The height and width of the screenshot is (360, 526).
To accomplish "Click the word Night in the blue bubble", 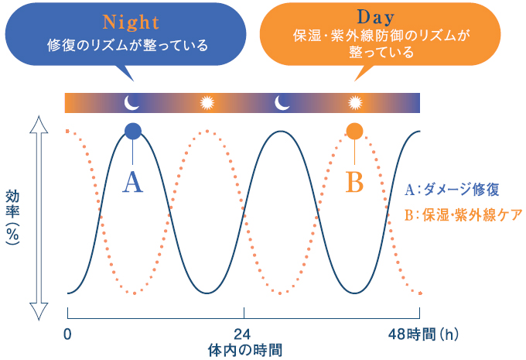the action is click(x=131, y=22).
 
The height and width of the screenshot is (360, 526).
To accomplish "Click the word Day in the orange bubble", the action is click(x=375, y=17).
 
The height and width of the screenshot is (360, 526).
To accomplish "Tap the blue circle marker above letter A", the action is click(x=133, y=131).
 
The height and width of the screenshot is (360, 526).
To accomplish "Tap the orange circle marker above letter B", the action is click(x=354, y=131).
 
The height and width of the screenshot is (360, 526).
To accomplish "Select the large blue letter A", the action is click(x=133, y=182).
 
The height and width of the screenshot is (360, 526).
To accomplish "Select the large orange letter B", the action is click(x=354, y=182).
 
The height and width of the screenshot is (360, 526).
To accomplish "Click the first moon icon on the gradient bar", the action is click(x=131, y=102).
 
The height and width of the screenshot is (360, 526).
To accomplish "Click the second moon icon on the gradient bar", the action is click(x=282, y=102).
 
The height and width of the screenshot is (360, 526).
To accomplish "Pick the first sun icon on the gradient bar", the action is click(x=207, y=103).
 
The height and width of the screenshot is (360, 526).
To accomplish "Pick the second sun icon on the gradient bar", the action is click(x=355, y=103).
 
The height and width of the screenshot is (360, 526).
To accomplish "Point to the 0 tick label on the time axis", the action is click(x=67, y=334).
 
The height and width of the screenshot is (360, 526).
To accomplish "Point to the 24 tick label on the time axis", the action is click(x=242, y=334).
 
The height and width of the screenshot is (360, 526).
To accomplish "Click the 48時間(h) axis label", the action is click(x=423, y=334).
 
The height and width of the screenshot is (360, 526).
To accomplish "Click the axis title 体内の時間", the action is click(x=245, y=350).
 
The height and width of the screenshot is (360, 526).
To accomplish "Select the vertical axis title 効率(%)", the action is click(x=12, y=218).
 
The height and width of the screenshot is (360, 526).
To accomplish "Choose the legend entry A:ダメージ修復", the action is click(x=452, y=190).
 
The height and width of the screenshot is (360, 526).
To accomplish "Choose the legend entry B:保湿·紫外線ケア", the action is click(x=463, y=215).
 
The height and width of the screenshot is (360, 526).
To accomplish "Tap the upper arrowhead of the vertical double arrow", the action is click(x=39, y=124).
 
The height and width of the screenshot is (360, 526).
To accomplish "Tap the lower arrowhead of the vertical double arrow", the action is click(x=39, y=311).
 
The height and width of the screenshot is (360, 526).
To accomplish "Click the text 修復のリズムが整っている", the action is click(x=128, y=45).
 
